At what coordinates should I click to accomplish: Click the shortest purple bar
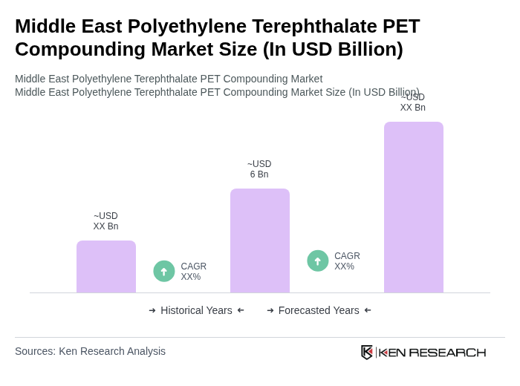[106, 266]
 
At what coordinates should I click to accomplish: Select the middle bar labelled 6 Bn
[260, 241]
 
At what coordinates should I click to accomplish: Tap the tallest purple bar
[414, 207]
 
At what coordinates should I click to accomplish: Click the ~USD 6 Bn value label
[259, 169]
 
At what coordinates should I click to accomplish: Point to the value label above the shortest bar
[105, 221]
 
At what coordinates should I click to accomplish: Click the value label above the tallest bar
[413, 102]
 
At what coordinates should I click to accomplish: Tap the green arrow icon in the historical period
[164, 271]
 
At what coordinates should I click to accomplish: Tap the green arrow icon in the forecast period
[318, 261]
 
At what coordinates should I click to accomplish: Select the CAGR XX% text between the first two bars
[193, 272]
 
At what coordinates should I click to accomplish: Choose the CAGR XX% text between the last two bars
[347, 261]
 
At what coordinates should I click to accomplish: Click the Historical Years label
[196, 310]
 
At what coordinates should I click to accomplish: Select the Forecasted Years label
[319, 310]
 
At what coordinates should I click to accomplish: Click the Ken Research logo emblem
[367, 352]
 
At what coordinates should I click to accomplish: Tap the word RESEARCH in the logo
[447, 353]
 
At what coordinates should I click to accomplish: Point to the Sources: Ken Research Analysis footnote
[90, 351]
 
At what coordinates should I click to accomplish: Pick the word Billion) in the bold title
[366, 49]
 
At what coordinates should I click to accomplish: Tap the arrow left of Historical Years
[152, 310]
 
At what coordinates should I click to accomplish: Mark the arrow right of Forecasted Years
[368, 310]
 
